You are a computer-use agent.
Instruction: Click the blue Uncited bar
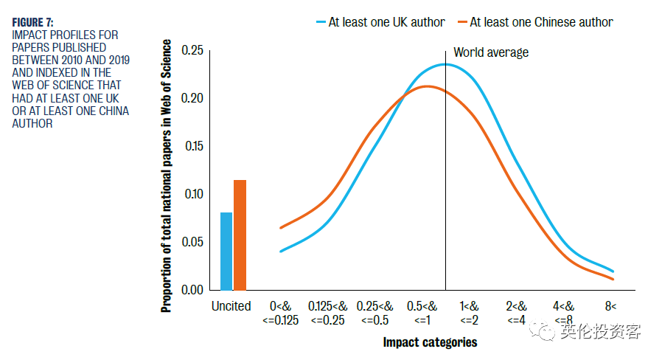(x=226, y=251)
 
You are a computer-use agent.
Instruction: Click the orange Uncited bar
(x=240, y=235)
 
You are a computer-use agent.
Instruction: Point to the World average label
(x=491, y=52)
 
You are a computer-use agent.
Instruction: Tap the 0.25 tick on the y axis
(x=192, y=50)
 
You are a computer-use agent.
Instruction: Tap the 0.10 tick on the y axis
(x=192, y=194)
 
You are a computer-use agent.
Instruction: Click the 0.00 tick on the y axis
(x=192, y=290)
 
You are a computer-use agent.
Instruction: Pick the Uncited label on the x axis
(x=231, y=306)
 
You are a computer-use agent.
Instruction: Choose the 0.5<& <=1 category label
(x=422, y=312)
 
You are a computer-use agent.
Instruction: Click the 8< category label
(x=610, y=306)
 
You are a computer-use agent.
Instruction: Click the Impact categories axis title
(x=430, y=342)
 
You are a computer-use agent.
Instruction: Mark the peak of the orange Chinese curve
(x=427, y=86)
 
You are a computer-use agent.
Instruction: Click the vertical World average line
(x=445, y=184)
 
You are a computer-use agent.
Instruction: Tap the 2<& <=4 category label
(x=516, y=312)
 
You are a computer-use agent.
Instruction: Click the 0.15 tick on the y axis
(x=192, y=146)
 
